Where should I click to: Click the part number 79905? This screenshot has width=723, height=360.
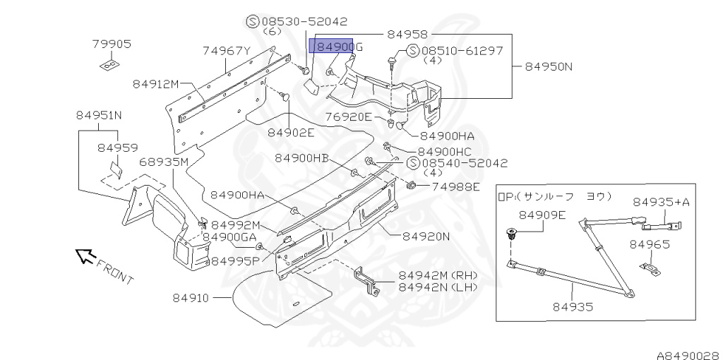click(112, 44)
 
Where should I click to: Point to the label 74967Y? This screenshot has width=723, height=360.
click(227, 51)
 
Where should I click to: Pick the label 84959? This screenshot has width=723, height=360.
click(118, 148)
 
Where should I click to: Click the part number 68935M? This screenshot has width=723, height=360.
click(164, 162)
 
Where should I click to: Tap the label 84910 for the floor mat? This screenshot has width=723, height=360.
click(191, 298)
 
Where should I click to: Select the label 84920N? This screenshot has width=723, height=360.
click(426, 236)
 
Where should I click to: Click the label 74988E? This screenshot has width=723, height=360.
click(455, 187)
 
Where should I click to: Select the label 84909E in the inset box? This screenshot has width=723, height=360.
click(542, 215)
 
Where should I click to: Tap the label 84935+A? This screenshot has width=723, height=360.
click(661, 202)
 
